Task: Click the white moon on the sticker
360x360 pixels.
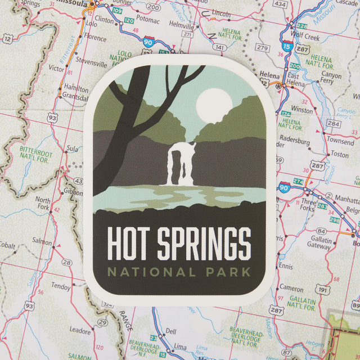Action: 214,105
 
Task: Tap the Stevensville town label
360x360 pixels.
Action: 79,59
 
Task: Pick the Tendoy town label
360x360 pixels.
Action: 61,286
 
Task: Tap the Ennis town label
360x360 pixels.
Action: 286,265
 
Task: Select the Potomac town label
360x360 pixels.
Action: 147,20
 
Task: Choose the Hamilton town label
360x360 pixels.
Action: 76,88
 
